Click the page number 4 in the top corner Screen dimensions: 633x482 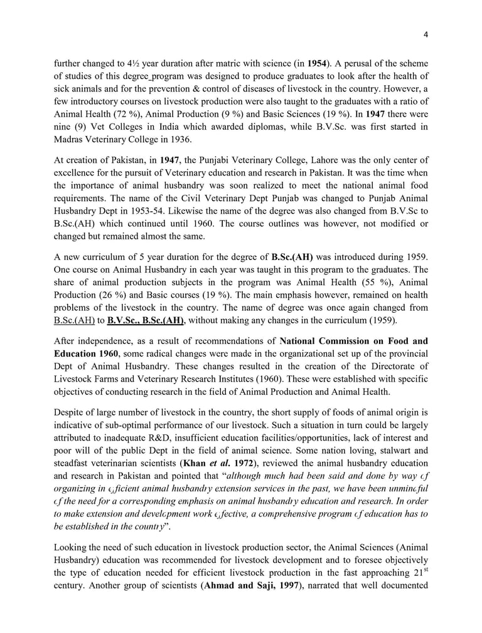pos(426,34)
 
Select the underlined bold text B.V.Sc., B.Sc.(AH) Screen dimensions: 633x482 pos(145,321)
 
